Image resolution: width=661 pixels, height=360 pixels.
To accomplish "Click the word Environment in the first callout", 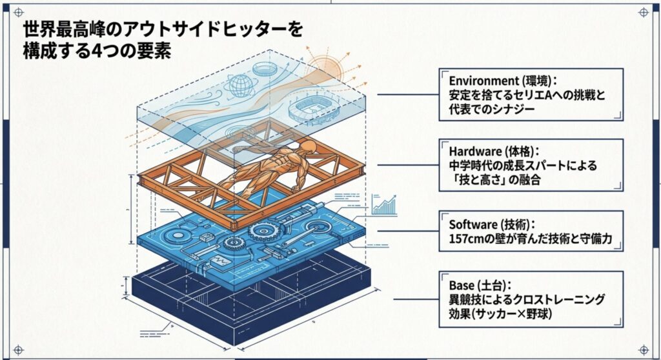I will pos(478,81).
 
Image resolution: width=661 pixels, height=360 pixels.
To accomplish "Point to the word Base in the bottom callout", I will pos(462,286).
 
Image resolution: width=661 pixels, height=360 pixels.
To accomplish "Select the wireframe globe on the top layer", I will pos(239,85).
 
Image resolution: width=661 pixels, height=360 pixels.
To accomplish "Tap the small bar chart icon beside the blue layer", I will pos(385,205).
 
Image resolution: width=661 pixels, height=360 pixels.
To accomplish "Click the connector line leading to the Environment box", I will pos(407,94).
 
